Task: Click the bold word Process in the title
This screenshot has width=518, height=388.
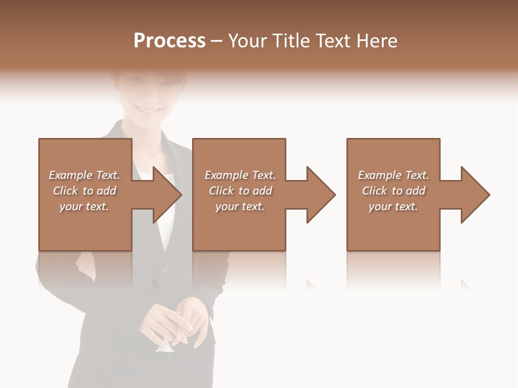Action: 169,41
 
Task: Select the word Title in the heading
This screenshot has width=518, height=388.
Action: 292,41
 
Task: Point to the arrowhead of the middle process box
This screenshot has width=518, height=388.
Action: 320,195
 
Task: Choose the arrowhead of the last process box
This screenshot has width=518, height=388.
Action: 474,195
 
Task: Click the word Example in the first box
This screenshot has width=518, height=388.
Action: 71,175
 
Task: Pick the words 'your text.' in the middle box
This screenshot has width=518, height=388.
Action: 240,206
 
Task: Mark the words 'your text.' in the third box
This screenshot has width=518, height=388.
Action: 393,206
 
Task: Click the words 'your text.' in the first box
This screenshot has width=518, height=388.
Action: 84,206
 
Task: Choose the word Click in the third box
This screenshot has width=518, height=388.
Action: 375,191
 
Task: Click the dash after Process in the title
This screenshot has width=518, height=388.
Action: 217,41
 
